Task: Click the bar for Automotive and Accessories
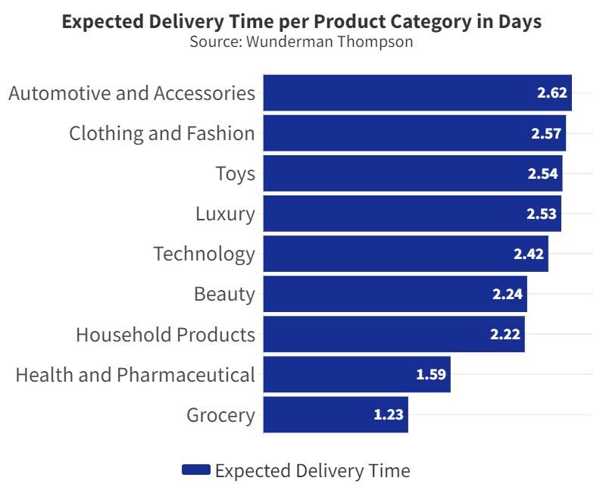pyautogui.click(x=417, y=93)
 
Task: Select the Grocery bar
pyautogui.click(x=335, y=415)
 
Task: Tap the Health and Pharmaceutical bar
pyautogui.click(x=356, y=375)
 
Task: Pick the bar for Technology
pyautogui.click(x=405, y=254)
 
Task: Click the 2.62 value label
pyautogui.click(x=552, y=93)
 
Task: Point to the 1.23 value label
pyautogui.click(x=389, y=415)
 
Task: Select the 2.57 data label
pyautogui.click(x=546, y=134)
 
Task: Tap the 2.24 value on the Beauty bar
pyautogui.click(x=508, y=295)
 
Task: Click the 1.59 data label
pyautogui.click(x=431, y=375)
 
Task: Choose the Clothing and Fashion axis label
pyautogui.click(x=162, y=134)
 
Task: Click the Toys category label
pyautogui.click(x=235, y=174)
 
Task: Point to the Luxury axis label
pyautogui.click(x=225, y=214)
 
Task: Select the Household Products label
pyautogui.click(x=165, y=335)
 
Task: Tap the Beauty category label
pyautogui.click(x=224, y=294)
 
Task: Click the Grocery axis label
pyautogui.click(x=220, y=415)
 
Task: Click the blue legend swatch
pyautogui.click(x=195, y=470)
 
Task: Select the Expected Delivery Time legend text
pyautogui.click(x=312, y=470)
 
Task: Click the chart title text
pyautogui.click(x=301, y=22)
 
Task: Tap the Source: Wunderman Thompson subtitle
pyautogui.click(x=301, y=42)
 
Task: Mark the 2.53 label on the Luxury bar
pyautogui.click(x=542, y=214)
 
